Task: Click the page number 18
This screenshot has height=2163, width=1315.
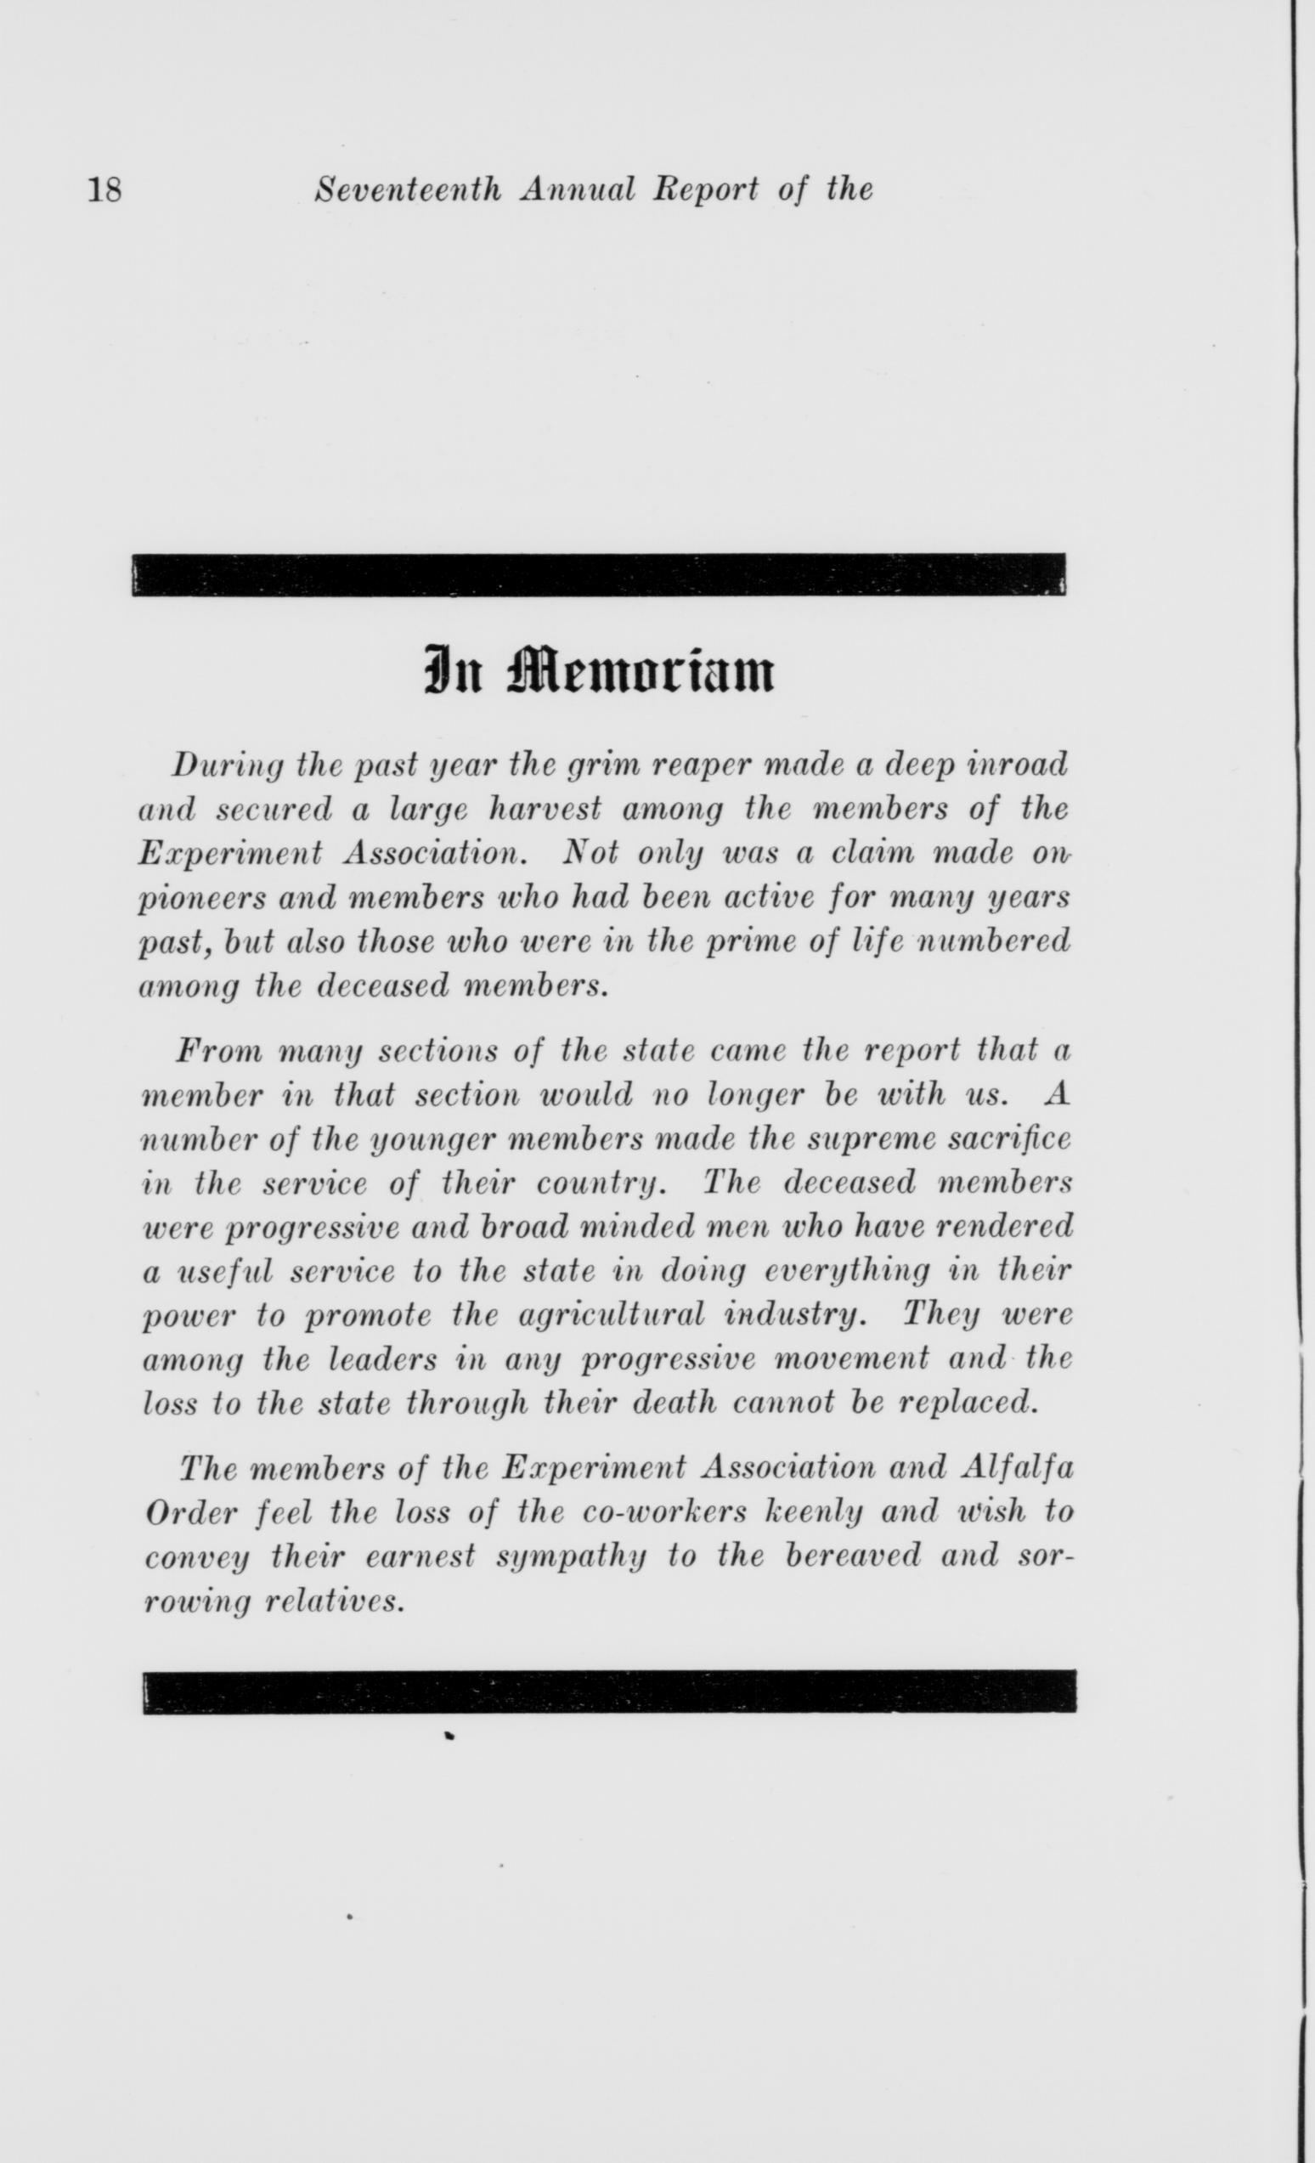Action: pos(104,189)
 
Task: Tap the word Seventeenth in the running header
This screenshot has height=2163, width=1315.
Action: pos(409,189)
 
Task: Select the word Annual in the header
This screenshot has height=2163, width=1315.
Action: pos(577,189)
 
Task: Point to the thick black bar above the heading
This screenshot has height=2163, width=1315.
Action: pos(599,574)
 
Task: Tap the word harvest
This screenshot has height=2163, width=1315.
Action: pos(545,809)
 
